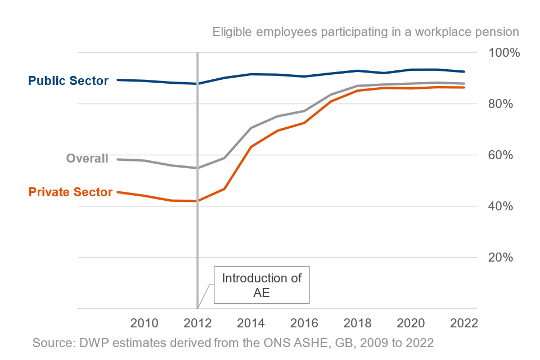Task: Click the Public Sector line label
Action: (x=68, y=81)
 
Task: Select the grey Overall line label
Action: (x=87, y=159)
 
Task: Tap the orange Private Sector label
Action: (x=70, y=192)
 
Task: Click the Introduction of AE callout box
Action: (x=262, y=285)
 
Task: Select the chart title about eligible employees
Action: (x=366, y=31)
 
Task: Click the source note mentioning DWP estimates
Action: (x=233, y=343)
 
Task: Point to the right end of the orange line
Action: (x=464, y=87)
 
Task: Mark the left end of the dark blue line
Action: (x=118, y=80)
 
